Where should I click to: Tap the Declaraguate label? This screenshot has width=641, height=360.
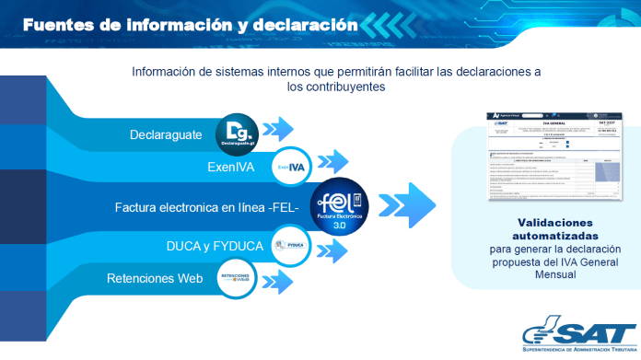click(x=166, y=134)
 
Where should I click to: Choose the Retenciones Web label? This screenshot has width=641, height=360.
click(x=153, y=278)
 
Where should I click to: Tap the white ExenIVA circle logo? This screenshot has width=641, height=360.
click(x=291, y=168)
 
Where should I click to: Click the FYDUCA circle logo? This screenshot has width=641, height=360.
click(x=290, y=245)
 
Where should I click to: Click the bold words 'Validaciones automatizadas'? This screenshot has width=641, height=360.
click(x=542, y=229)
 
